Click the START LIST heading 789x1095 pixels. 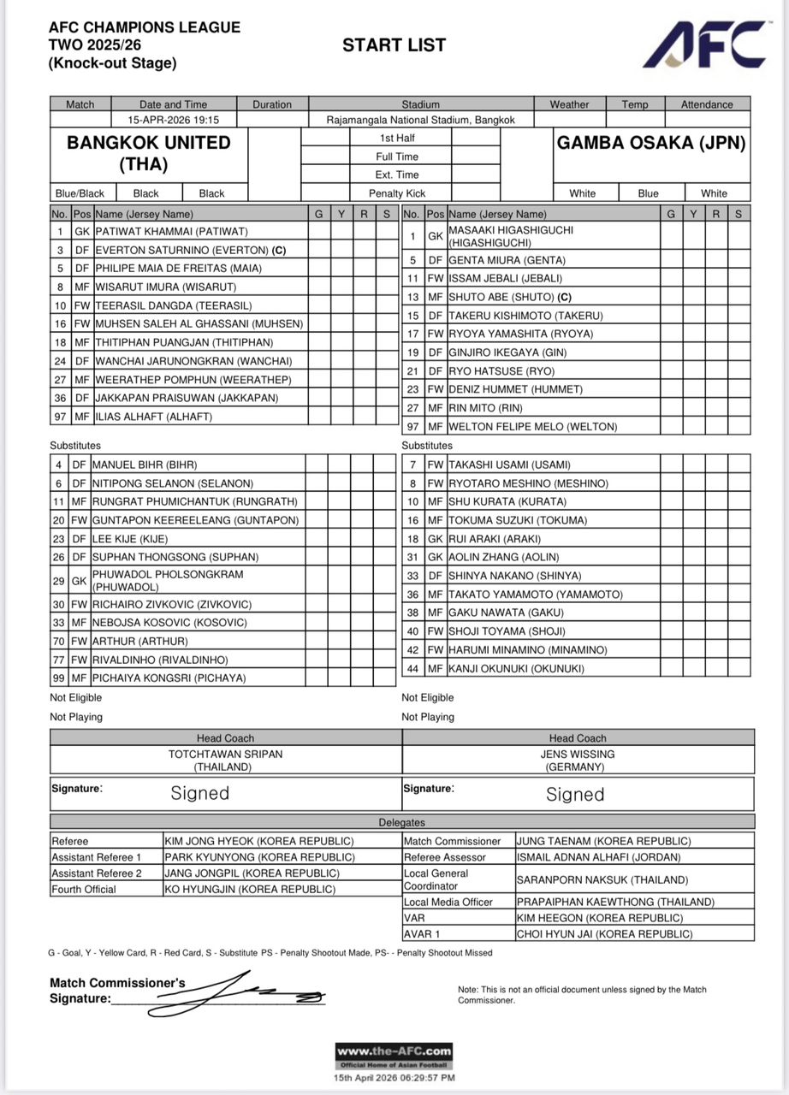(x=394, y=45)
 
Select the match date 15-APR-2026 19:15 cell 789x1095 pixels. (x=173, y=121)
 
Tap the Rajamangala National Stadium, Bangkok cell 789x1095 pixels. (x=420, y=121)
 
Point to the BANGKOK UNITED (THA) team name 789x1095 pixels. (x=149, y=153)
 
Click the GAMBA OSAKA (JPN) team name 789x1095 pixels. (x=652, y=143)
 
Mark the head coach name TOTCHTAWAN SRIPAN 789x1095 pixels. (x=226, y=755)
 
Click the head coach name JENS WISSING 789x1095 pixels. (x=578, y=755)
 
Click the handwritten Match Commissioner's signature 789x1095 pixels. (x=257, y=995)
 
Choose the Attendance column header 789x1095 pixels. (x=707, y=104)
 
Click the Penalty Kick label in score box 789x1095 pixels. (x=397, y=193)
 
